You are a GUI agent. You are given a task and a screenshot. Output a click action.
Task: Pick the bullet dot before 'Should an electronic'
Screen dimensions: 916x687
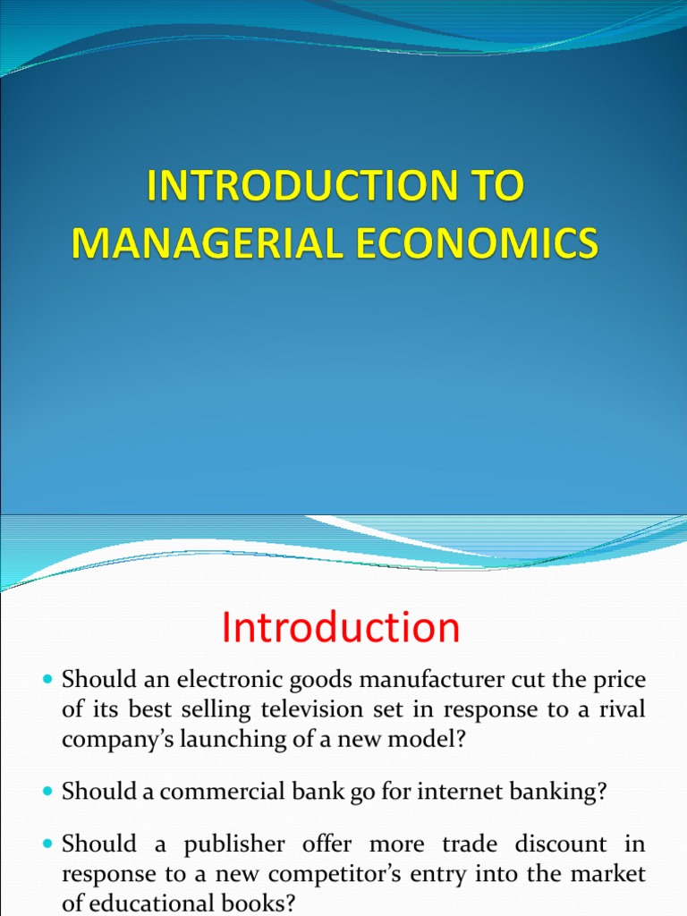click(48, 682)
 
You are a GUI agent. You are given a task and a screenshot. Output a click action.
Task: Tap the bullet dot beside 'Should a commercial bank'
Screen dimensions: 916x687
click(48, 792)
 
